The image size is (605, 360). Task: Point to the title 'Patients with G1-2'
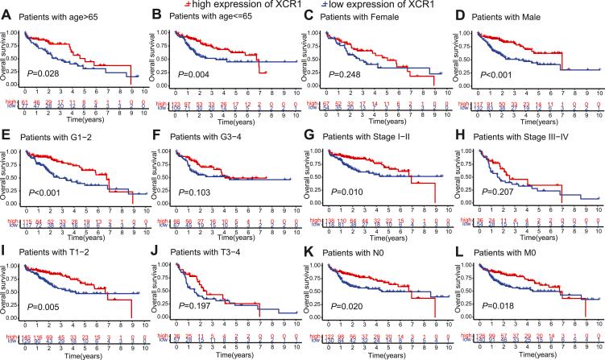coord(63,133)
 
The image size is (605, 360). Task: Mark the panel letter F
coord(156,131)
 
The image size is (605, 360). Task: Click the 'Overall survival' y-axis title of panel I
coord(7,283)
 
